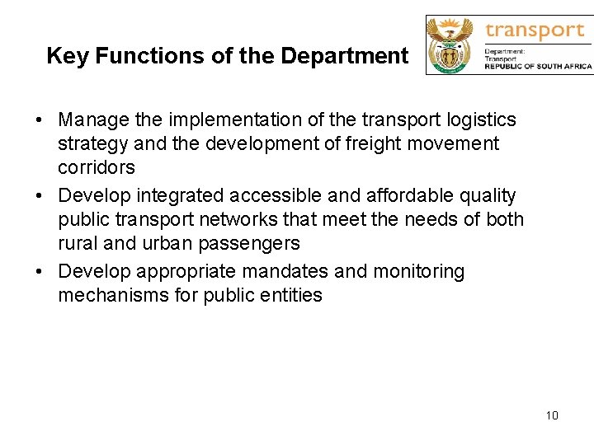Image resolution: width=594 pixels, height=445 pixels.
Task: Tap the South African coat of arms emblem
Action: coord(450,45)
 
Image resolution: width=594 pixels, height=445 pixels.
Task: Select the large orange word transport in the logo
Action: coord(535,31)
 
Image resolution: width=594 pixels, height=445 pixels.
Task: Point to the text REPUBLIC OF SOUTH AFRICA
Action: coord(538,66)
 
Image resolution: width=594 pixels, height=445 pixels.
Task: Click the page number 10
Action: coord(552,415)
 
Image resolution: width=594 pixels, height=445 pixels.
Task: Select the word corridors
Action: coord(96,167)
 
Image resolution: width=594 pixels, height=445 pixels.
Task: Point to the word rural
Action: coord(77,243)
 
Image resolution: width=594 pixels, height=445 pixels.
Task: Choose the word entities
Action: coord(290,295)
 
